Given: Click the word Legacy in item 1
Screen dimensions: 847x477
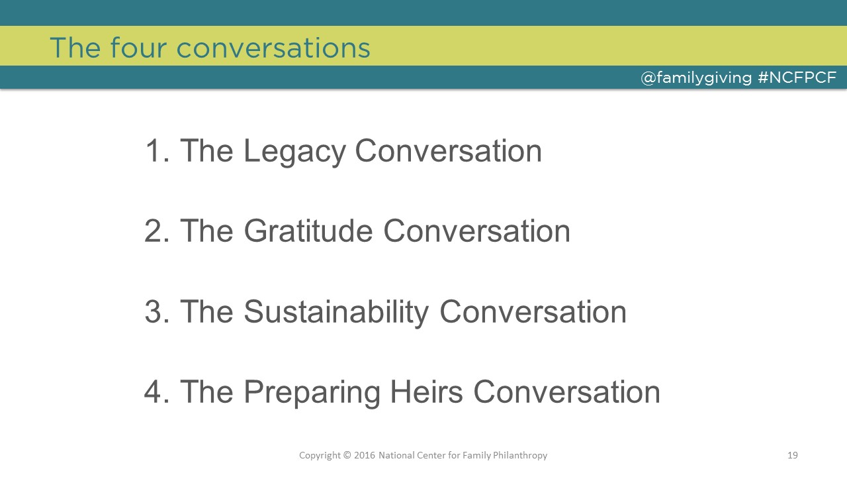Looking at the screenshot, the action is pos(294,152).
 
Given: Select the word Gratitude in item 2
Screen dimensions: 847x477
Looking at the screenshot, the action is pos(308,231).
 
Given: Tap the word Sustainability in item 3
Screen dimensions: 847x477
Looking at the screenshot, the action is pos(336,312).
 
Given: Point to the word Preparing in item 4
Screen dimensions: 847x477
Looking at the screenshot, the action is pos(312,392).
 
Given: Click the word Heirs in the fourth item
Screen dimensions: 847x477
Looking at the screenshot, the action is pos(426,392).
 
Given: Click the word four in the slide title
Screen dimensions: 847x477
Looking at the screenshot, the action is pos(138,48).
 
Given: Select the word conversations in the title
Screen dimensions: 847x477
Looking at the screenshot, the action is pos(273,48).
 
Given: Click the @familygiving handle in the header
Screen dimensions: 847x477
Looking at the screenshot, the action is pos(696,78).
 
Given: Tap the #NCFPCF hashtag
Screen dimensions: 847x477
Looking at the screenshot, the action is pos(797,78).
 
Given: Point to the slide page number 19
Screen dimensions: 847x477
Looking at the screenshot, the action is pos(793,455).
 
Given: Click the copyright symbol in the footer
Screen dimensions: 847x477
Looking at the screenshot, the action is pos(347,455).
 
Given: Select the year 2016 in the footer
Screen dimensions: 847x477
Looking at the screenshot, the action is pos(365,455).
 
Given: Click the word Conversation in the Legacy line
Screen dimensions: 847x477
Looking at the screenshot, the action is pos(449,150).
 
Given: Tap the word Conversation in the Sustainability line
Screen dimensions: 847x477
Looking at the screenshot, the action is pos(533,311).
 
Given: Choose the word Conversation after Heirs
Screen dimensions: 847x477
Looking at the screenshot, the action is pos(567,392).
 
